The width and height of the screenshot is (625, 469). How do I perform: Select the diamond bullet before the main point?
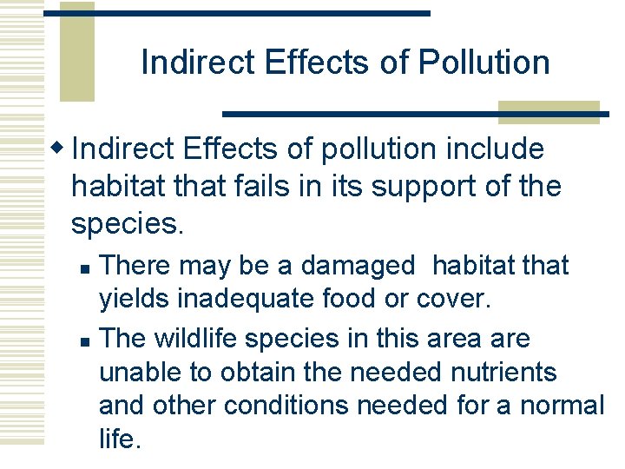(x=59, y=149)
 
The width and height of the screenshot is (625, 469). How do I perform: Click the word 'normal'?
(x=562, y=406)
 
